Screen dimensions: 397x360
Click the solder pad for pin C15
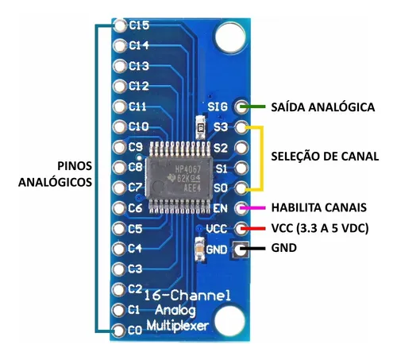120,26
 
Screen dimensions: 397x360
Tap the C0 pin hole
118,331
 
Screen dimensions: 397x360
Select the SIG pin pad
241,106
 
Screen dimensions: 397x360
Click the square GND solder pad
241,250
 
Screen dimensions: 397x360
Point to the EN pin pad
241,208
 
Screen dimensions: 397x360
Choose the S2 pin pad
241,148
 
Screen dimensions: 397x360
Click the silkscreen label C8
135,167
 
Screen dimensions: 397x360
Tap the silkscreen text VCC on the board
217,229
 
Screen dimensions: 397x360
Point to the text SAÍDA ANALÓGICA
323,106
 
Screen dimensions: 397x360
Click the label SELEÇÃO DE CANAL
325,157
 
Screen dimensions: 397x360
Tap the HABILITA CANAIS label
319,207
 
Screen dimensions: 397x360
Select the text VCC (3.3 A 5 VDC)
320,228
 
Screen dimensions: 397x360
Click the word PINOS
75,166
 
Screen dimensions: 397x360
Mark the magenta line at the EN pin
252,208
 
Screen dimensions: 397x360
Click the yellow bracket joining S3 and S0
262,158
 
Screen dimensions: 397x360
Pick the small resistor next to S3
200,127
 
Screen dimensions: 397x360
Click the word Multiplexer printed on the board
178,326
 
